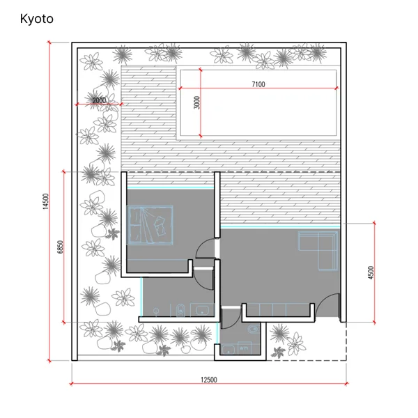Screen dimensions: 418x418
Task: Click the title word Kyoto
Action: (x=37, y=19)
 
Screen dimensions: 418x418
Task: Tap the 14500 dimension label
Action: (x=46, y=201)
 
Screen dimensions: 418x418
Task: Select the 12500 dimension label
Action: (x=209, y=380)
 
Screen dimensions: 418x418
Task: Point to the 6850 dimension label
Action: (x=61, y=247)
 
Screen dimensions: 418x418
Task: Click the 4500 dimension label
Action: (x=371, y=272)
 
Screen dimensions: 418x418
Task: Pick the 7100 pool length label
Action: (x=258, y=84)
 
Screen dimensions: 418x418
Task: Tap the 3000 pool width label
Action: (x=196, y=102)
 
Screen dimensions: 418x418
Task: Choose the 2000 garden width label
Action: (x=99, y=100)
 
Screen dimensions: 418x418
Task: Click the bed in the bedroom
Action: (x=150, y=225)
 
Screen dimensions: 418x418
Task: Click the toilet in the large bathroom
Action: (x=180, y=310)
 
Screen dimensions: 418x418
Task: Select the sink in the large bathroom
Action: (x=203, y=310)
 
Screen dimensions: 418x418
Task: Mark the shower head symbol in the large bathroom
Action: (x=156, y=311)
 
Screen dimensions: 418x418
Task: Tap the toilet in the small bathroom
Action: (x=254, y=329)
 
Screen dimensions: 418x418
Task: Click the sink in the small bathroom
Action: (x=229, y=349)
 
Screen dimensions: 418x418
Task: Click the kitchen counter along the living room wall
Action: (x=278, y=310)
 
